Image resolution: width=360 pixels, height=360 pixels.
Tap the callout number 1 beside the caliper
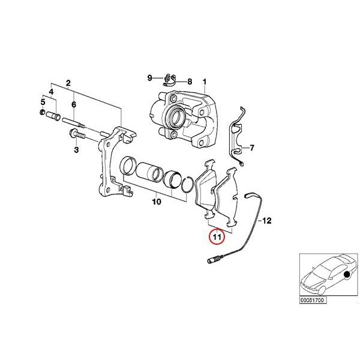[204, 82]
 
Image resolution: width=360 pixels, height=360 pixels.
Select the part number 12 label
[268, 221]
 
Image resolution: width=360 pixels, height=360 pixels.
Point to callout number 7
[252, 148]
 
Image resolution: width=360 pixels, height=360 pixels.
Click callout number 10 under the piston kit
[156, 202]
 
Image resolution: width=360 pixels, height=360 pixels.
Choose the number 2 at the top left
[68, 82]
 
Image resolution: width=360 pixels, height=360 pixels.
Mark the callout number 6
[74, 104]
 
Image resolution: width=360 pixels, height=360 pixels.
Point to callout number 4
[51, 91]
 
